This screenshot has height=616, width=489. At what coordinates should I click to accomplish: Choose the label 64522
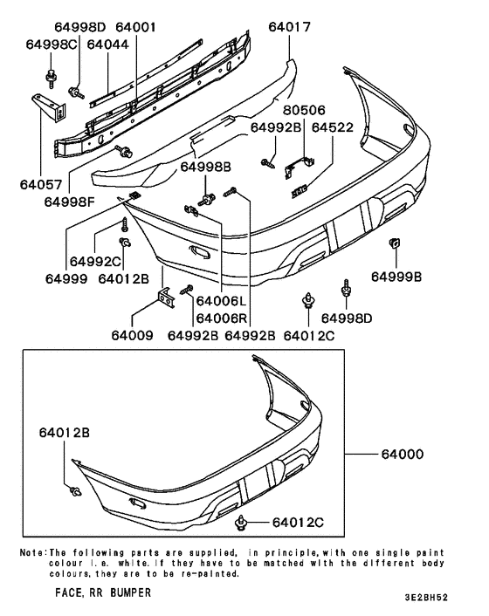point(332,127)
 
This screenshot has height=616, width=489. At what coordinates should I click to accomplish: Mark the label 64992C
point(93,262)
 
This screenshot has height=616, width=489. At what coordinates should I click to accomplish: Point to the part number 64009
point(132,335)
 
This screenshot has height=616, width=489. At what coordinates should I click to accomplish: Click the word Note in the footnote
point(33,552)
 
